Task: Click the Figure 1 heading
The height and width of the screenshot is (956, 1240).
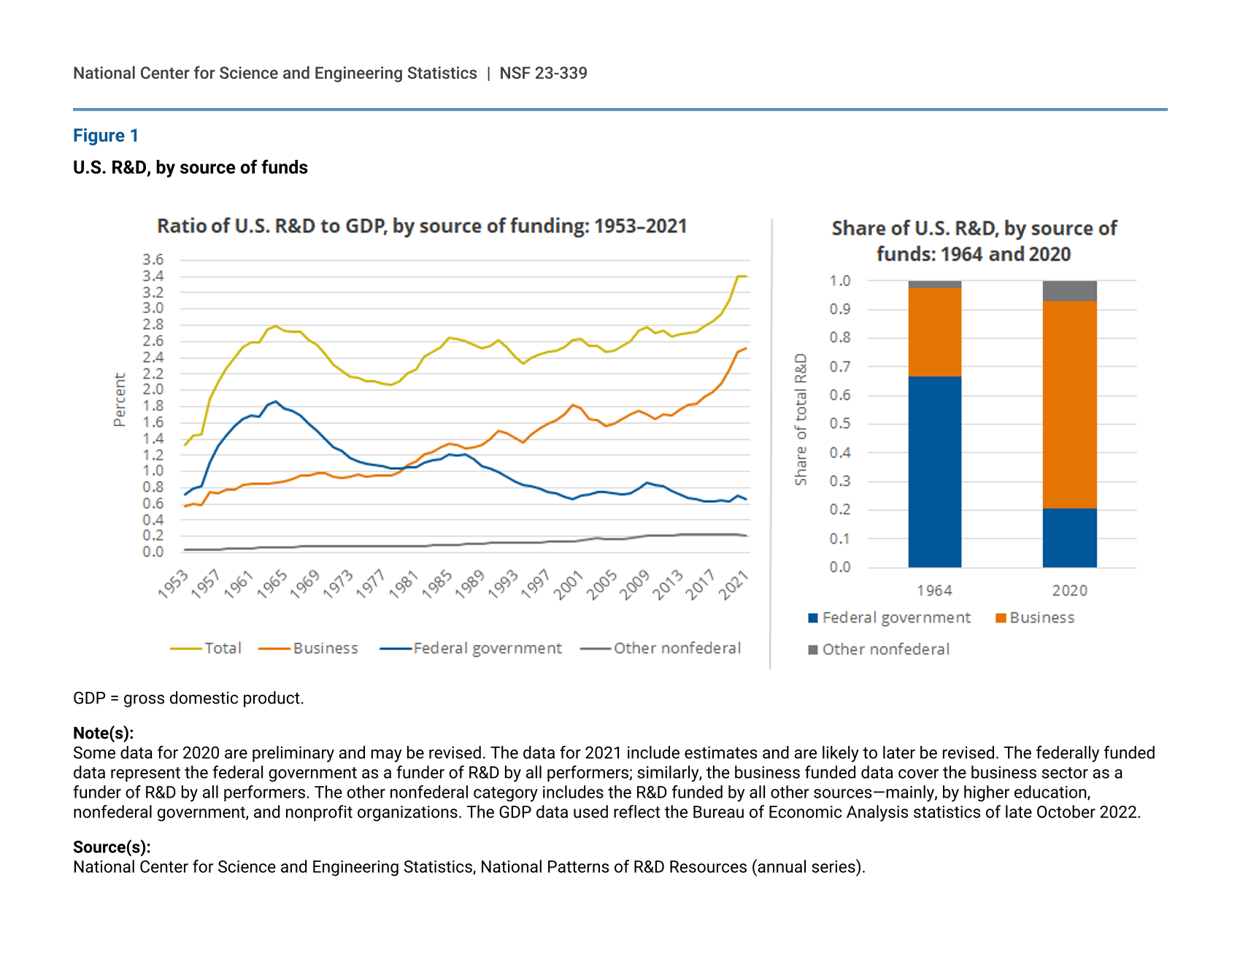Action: tap(106, 136)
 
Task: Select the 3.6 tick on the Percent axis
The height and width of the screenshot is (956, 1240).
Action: tap(153, 260)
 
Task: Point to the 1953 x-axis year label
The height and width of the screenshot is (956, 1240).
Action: tap(174, 585)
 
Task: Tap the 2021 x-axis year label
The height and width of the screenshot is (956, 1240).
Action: tap(733, 585)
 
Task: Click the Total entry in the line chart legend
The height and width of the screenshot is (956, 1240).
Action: tap(223, 648)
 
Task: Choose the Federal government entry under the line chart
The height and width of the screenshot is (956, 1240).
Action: tap(487, 648)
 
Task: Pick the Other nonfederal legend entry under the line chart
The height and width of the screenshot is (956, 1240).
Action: tap(677, 648)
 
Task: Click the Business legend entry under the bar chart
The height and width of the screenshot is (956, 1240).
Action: tap(1041, 618)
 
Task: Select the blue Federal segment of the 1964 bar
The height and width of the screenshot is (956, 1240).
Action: tap(934, 471)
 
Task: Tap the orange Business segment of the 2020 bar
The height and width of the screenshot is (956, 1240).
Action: tap(1069, 404)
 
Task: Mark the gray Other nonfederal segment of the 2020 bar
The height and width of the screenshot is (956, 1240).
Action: tap(1069, 291)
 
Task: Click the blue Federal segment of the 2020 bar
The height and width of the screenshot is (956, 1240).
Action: tap(1069, 538)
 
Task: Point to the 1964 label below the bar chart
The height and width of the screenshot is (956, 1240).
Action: tap(934, 590)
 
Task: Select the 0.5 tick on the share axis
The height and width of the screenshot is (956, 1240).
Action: tap(840, 424)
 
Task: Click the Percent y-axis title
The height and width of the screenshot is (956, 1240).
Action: tap(120, 399)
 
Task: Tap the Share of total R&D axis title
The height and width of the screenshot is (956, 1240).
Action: tap(801, 419)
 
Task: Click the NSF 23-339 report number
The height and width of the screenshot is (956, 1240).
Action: tap(543, 73)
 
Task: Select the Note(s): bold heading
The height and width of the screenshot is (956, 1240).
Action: tap(103, 733)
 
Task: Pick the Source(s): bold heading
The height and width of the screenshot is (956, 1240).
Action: tap(112, 847)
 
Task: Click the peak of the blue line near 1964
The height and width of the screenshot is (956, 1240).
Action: tap(275, 401)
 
